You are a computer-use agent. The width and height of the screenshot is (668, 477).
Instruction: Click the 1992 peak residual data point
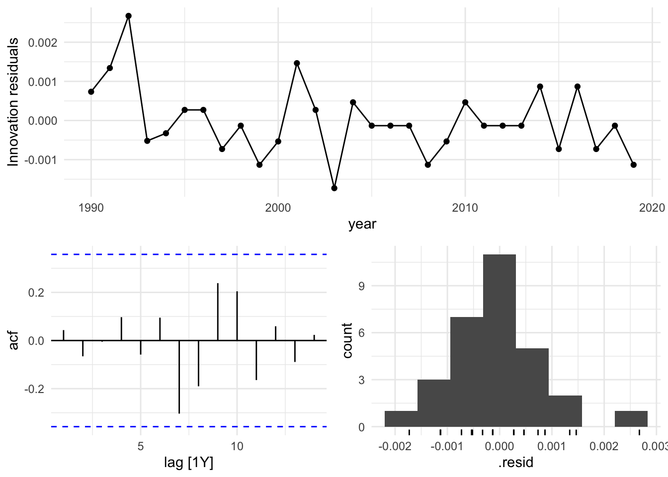(x=128, y=16)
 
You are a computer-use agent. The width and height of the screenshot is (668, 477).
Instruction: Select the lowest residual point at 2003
(x=334, y=188)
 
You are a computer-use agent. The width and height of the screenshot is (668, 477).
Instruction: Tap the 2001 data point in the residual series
(x=297, y=63)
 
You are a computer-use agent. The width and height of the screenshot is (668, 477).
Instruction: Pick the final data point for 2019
(x=633, y=164)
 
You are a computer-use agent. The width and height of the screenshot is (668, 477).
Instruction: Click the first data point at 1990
(x=91, y=91)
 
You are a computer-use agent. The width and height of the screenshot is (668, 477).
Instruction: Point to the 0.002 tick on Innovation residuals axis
(x=43, y=43)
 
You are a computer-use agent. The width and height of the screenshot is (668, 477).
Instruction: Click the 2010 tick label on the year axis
(x=465, y=208)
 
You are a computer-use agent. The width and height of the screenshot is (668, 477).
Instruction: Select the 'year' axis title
(x=362, y=224)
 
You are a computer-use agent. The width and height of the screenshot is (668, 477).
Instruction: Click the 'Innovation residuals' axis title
(x=13, y=102)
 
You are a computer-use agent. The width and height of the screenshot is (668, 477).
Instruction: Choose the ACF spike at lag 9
(x=218, y=312)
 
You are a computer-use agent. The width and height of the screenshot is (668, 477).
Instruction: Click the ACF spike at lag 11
(x=256, y=360)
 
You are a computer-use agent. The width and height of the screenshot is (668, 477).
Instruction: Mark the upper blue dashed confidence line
(x=189, y=254)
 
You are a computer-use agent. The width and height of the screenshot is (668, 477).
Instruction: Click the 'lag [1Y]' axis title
(x=188, y=463)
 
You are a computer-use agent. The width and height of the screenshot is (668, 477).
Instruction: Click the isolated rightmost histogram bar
(x=631, y=419)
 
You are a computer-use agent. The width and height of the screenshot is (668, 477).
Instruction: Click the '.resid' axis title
(x=515, y=463)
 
